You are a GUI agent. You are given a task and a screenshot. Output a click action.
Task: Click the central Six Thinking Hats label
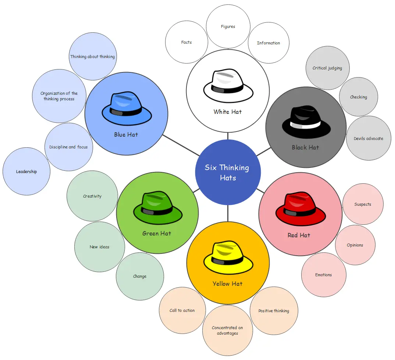coord(227,173)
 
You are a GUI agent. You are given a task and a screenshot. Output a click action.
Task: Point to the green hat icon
coord(158,208)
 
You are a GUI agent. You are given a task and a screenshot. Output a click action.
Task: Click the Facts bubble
coord(186,42)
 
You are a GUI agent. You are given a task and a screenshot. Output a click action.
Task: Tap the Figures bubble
coord(228,26)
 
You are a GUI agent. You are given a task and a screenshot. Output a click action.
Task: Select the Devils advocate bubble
coord(368,138)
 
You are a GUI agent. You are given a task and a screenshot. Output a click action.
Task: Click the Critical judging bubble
coord(327,68)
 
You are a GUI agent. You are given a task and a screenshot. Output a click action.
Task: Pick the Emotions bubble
coord(324,275)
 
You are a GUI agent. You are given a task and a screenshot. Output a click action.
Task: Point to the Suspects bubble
coord(363,204)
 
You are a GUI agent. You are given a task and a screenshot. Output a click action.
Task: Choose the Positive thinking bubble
coord(274,311)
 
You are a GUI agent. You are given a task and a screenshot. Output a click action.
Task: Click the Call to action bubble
coord(182,310)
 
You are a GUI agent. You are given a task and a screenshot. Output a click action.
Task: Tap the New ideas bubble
coord(99,247)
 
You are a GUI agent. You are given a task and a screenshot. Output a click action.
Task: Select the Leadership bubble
coord(26,172)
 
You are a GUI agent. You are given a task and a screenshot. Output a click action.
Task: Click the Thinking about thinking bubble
coord(92,57)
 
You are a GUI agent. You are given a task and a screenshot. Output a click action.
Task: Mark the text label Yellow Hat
coord(228,284)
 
